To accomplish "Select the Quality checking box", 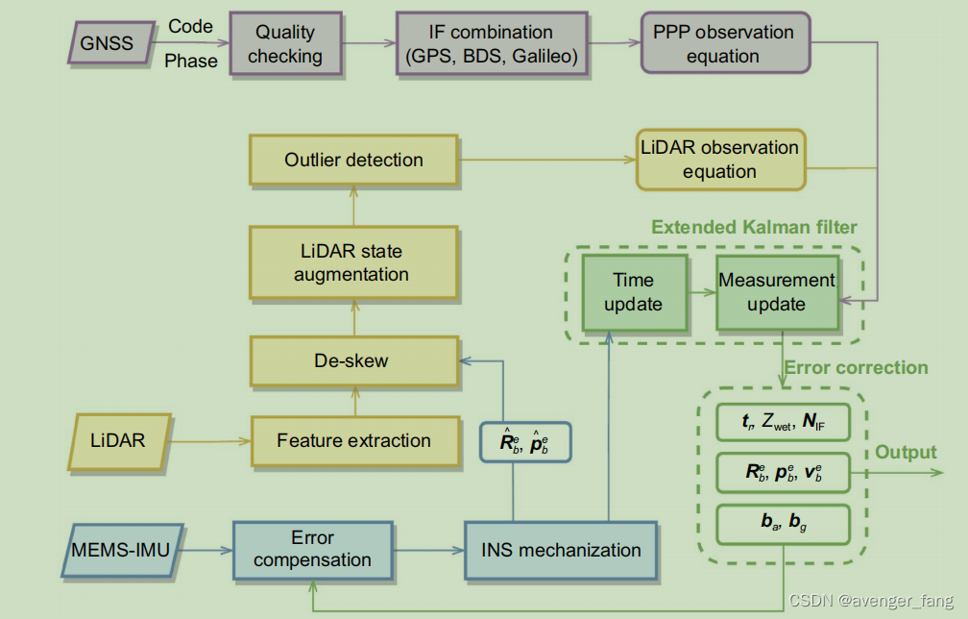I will coord(285,43).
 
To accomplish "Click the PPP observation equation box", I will coord(724,43).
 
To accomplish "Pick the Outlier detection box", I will coord(353,160).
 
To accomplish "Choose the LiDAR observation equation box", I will coord(719,160).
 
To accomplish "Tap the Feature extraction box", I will coord(353,441).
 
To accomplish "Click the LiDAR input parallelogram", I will coord(119,441).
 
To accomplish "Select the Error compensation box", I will coord(313,550).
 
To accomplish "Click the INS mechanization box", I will coord(561,551).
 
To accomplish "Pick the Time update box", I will coord(633,292).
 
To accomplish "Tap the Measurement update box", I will coord(776,292).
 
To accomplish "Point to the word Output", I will coord(906,452).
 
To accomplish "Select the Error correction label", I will coord(856,368).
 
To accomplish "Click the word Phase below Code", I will coord(189,62).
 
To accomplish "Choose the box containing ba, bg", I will coord(783,523).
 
